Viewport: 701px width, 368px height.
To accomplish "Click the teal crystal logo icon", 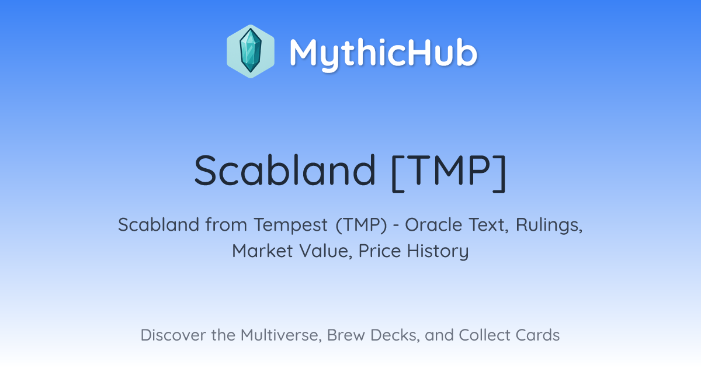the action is pyautogui.click(x=251, y=51).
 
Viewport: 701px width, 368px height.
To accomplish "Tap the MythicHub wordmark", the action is pyautogui.click(x=383, y=54).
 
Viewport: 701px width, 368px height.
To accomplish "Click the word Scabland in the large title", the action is pyautogui.click(x=284, y=171).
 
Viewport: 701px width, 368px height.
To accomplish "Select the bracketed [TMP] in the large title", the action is pyautogui.click(x=449, y=173).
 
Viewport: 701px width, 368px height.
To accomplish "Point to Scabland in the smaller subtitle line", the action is pyautogui.click(x=159, y=224).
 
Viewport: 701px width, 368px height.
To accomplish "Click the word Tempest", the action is pyautogui.click(x=291, y=225).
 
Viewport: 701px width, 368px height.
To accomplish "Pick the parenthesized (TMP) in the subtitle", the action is pyautogui.click(x=361, y=225).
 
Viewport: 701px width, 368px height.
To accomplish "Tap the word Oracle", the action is pyautogui.click(x=433, y=224).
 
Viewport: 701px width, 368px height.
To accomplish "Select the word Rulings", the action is pyautogui.click(x=549, y=225).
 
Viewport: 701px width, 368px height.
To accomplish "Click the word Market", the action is pyautogui.click(x=262, y=251).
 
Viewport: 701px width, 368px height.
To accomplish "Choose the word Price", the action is pyautogui.click(x=380, y=251).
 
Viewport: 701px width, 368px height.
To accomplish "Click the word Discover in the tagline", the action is pyautogui.click(x=172, y=335).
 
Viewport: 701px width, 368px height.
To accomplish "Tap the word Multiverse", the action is pyautogui.click(x=281, y=335).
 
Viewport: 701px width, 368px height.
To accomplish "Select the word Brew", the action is pyautogui.click(x=346, y=335).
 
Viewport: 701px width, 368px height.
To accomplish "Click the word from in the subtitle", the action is pyautogui.click(x=226, y=224).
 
